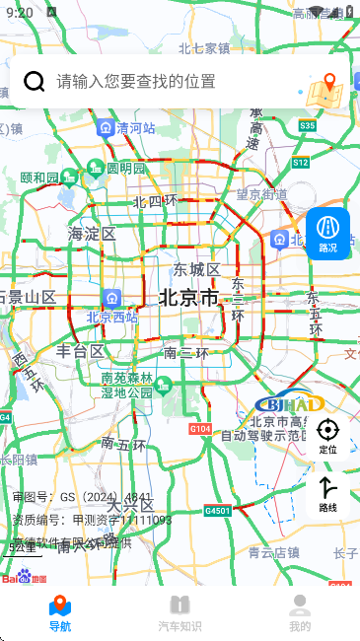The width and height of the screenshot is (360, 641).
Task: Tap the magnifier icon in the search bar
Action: click(x=35, y=81)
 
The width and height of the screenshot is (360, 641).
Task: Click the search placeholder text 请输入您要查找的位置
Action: click(x=135, y=81)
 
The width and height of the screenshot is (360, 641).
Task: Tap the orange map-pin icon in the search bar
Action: click(x=326, y=89)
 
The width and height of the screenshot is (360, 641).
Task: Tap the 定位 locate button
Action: click(x=327, y=435)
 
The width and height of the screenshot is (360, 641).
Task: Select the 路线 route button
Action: click(x=327, y=493)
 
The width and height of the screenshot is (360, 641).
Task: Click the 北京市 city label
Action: click(x=188, y=297)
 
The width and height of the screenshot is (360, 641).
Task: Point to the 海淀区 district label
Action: click(x=92, y=234)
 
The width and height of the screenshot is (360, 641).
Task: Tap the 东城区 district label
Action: click(x=196, y=269)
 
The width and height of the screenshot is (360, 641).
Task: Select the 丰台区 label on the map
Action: click(x=80, y=351)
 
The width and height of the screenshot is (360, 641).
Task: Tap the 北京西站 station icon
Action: click(x=110, y=298)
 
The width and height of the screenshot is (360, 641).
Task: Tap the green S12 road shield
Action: click(x=301, y=162)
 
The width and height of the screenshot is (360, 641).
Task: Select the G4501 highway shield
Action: click(x=218, y=511)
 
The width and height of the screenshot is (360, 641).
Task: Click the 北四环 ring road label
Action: click(x=155, y=201)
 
